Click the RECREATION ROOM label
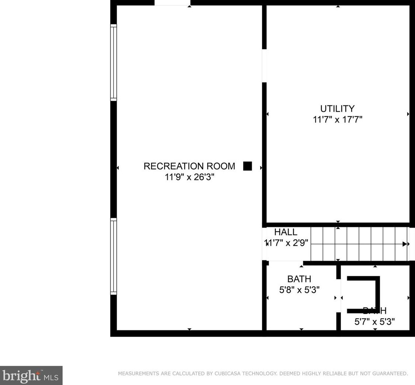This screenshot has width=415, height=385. click(x=189, y=166)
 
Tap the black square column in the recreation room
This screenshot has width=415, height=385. click(x=248, y=166)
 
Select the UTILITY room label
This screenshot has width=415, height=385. click(x=337, y=109)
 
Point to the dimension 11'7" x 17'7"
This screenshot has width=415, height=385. click(x=337, y=119)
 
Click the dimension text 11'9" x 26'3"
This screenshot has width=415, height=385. click(x=189, y=177)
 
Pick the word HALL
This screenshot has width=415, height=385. click(x=286, y=232)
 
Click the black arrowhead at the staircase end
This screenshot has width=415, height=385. click(x=404, y=244)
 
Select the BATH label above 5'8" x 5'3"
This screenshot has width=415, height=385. click(x=299, y=279)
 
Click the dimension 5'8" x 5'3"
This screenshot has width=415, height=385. click(x=299, y=289)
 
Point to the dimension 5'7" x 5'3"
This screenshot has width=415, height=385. click(x=374, y=322)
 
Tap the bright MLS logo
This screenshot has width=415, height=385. click(x=31, y=376)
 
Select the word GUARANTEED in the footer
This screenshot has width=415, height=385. click(x=386, y=374)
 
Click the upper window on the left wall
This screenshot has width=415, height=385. click(x=114, y=63)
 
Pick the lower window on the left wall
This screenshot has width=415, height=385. click(x=114, y=257)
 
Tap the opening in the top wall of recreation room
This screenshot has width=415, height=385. click(x=172, y=3)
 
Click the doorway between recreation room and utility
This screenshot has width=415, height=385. click(x=264, y=66)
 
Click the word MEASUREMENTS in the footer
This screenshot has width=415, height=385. click(x=138, y=374)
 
